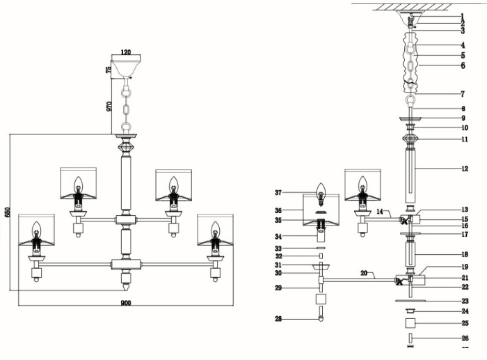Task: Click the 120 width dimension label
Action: point(125,52)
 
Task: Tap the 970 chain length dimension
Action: point(109,106)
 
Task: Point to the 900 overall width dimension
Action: point(125,303)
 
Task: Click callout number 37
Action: point(278,193)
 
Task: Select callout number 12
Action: point(465,169)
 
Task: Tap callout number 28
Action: point(278,319)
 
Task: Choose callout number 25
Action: point(465,323)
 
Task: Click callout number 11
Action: point(465,139)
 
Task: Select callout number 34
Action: point(278,237)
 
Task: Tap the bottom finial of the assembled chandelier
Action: point(126,285)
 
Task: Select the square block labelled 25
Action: point(410,324)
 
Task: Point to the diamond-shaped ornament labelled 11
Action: point(410,139)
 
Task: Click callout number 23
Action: point(465,301)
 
